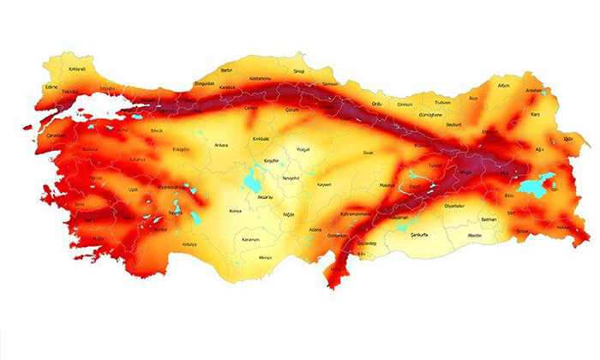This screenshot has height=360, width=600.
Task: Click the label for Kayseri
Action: point(323,184)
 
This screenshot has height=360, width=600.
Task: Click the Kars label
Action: point(537,114)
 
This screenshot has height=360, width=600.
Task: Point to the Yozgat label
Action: point(302,148)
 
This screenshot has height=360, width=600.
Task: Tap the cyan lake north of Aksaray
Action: point(253,182)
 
